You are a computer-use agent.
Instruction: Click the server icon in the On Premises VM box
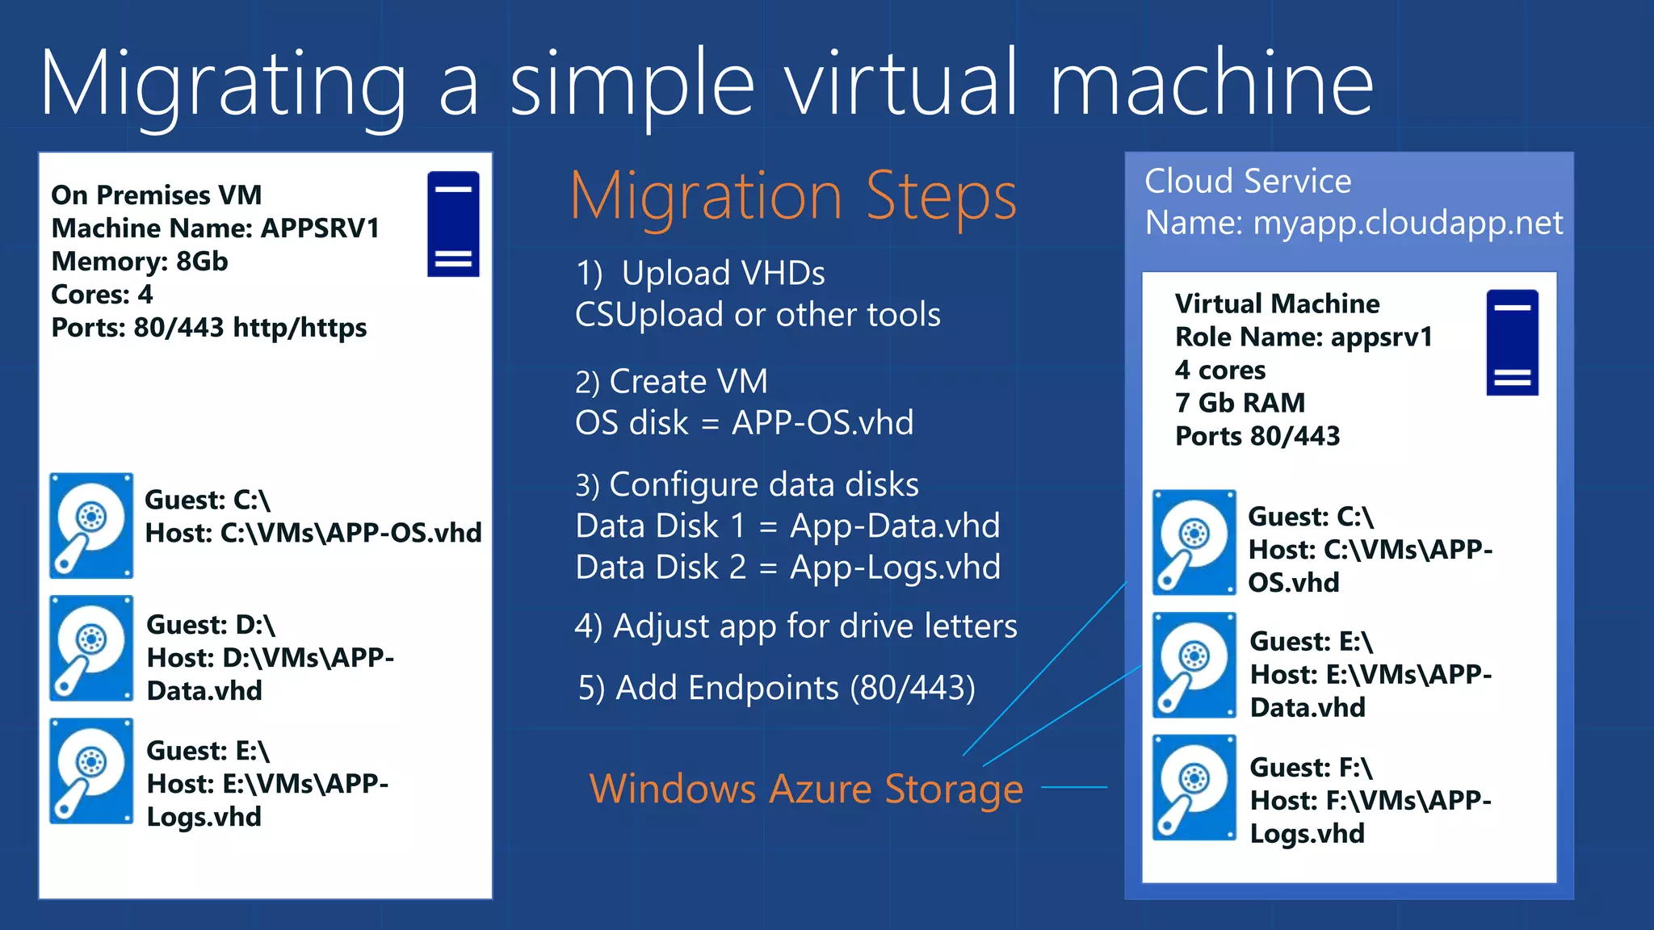[x=453, y=224]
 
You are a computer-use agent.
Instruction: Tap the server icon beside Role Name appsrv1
[x=1512, y=342]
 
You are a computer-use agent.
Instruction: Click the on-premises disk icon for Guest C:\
[x=91, y=526]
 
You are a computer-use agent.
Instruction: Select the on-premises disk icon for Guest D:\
[x=91, y=648]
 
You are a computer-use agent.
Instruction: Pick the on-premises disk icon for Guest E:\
[x=91, y=771]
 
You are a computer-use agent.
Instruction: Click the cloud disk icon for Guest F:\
[x=1194, y=788]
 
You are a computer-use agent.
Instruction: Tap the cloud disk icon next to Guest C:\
[x=1194, y=542]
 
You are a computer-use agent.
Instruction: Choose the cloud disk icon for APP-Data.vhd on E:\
[x=1194, y=665]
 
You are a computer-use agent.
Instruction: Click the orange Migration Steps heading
[x=793, y=196]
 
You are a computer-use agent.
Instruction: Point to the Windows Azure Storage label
[x=806, y=789]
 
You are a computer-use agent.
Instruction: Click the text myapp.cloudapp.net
[x=1408, y=223]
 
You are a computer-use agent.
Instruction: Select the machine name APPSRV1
[x=320, y=228]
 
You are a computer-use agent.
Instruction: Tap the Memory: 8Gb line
[x=140, y=262]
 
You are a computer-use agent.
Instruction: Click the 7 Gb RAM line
[x=1240, y=402]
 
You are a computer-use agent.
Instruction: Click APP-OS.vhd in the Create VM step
[x=822, y=423]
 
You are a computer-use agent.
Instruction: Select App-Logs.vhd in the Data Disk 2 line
[x=895, y=568]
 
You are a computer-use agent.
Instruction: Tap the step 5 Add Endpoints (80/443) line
[x=776, y=688]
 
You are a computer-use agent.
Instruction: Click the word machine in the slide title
[x=1211, y=83]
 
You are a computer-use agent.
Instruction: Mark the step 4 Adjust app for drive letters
[x=796, y=626]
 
